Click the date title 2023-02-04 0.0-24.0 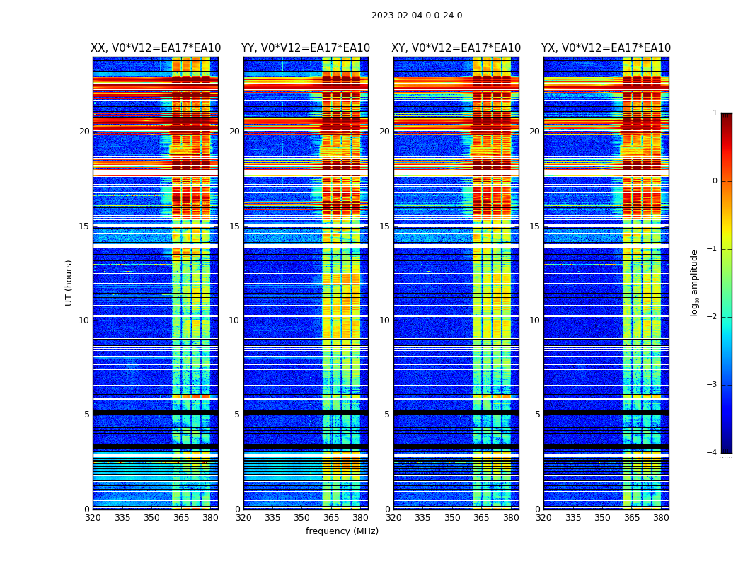(x=417, y=16)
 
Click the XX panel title (x=156, y=48)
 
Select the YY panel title (x=306, y=48)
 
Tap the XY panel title (x=456, y=48)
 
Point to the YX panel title (x=606, y=48)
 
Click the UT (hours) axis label (x=69, y=282)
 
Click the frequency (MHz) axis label (x=342, y=531)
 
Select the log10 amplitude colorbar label (x=694, y=282)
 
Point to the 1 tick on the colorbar (x=715, y=113)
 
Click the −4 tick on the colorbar (x=713, y=453)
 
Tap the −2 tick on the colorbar (x=713, y=317)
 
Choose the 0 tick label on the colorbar (x=715, y=181)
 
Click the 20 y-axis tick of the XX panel (x=84, y=132)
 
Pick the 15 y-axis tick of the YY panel (x=234, y=226)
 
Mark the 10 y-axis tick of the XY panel (x=384, y=320)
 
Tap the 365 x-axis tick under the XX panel (x=181, y=518)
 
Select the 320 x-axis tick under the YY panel (x=243, y=518)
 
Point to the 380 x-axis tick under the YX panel (x=661, y=518)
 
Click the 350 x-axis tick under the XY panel (x=452, y=518)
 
